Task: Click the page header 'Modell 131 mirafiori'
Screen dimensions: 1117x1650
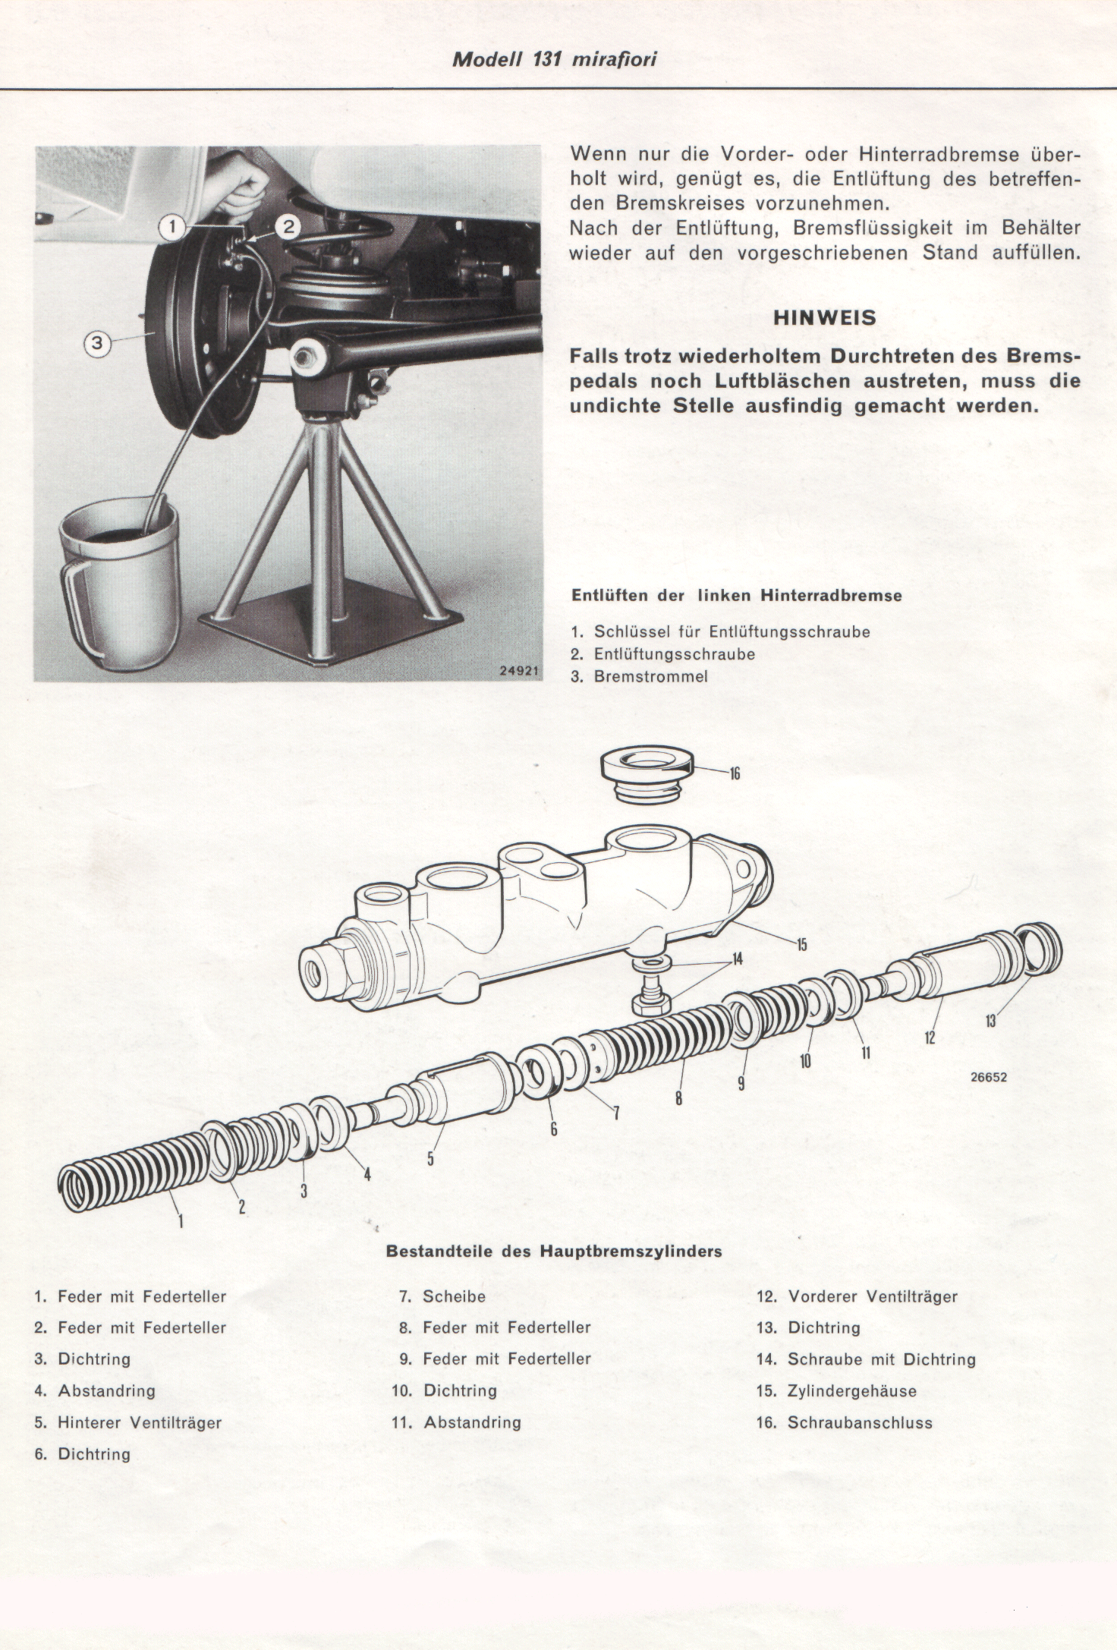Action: [554, 60]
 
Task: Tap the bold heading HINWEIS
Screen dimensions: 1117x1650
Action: [825, 318]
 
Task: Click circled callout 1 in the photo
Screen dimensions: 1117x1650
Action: [173, 226]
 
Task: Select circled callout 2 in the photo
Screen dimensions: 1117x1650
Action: [288, 226]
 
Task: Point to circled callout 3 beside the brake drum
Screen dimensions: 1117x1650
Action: [96, 344]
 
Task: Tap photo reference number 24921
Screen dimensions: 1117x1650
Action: [519, 671]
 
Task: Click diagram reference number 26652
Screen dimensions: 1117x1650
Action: [988, 1077]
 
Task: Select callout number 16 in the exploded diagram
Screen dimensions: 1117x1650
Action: [735, 774]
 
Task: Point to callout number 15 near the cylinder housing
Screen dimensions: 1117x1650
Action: [801, 945]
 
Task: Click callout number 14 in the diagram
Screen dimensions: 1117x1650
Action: [737, 960]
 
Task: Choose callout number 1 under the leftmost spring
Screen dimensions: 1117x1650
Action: [181, 1220]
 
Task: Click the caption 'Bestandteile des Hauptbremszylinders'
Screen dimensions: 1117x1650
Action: [554, 1251]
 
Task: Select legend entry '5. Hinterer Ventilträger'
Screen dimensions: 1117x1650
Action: [127, 1422]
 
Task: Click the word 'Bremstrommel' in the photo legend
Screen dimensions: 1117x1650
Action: [650, 676]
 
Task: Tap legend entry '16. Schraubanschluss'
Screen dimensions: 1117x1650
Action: [844, 1422]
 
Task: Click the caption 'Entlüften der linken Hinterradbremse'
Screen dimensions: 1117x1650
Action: [737, 596]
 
